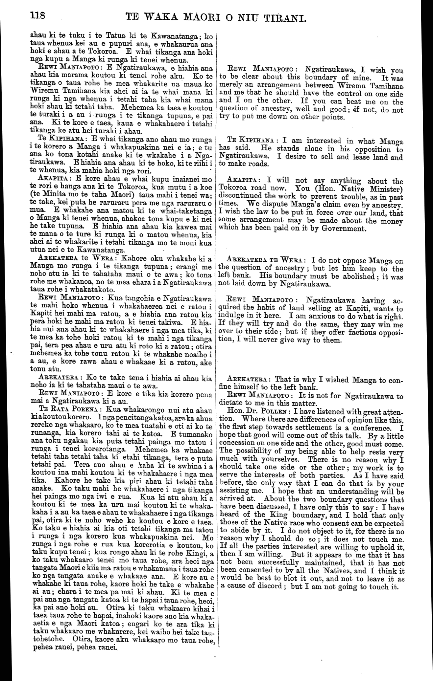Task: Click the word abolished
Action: pyautogui.click(x=358, y=276)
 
